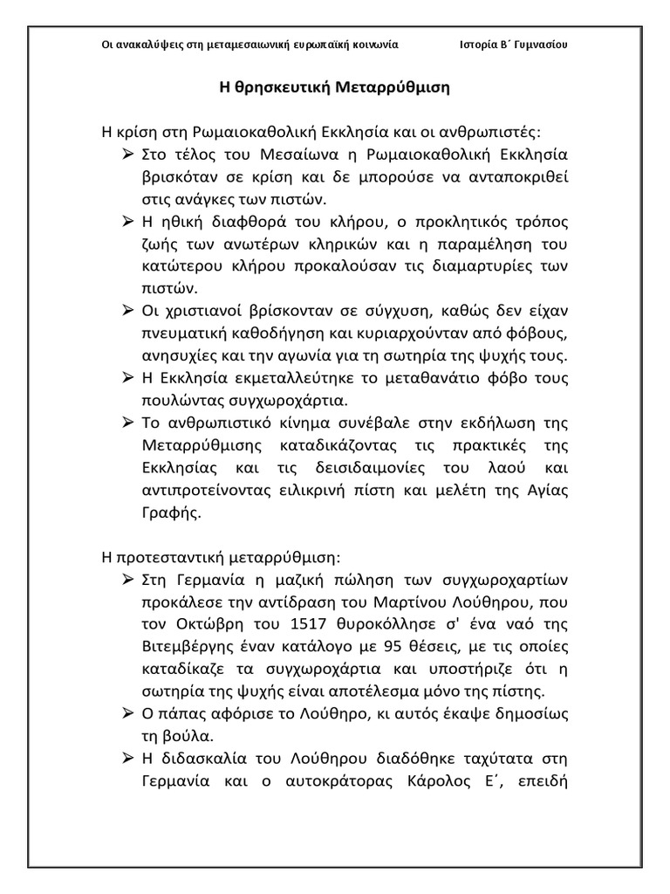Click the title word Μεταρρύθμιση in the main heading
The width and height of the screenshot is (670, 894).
[x=396, y=88]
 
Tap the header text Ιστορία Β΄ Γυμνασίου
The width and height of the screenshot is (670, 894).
[x=514, y=45]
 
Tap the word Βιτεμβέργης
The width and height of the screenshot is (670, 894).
[x=181, y=647]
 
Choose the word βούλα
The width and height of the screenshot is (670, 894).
[x=186, y=736]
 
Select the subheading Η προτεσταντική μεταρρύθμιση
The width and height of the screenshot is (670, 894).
[x=221, y=557]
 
